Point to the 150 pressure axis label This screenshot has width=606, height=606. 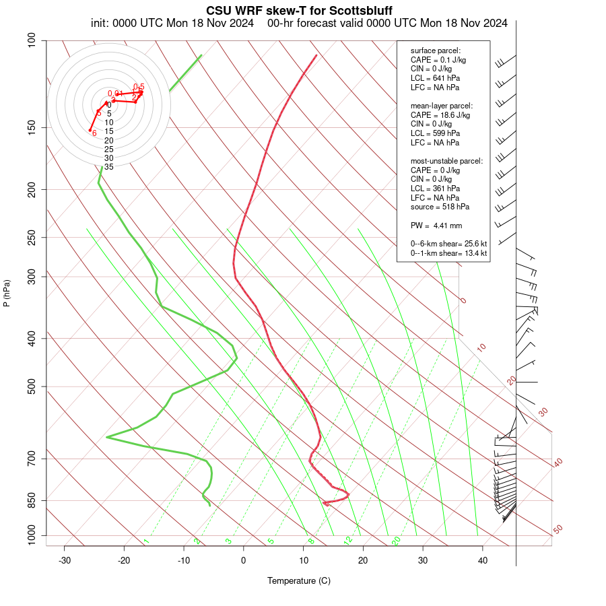[31, 127]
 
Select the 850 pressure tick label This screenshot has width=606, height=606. [31, 500]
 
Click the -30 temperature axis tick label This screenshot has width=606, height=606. [65, 561]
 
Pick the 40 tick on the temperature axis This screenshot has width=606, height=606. [483, 561]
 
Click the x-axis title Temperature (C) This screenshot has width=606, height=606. [298, 580]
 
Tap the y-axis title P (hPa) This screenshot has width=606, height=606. [7, 293]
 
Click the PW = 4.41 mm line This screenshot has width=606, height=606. [436, 225]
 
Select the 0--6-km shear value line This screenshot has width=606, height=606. [448, 243]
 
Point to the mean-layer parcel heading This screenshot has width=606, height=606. [442, 106]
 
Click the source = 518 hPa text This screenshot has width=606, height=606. [440, 207]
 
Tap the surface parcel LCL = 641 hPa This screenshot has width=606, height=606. [435, 78]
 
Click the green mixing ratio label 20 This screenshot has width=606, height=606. [396, 541]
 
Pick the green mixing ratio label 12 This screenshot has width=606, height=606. [348, 541]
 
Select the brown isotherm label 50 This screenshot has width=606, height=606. [558, 530]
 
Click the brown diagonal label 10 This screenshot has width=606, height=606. [481, 347]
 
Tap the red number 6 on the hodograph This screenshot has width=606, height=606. [94, 133]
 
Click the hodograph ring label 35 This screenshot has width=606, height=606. [108, 166]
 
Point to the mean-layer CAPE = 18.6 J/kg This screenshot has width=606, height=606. [440, 115]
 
